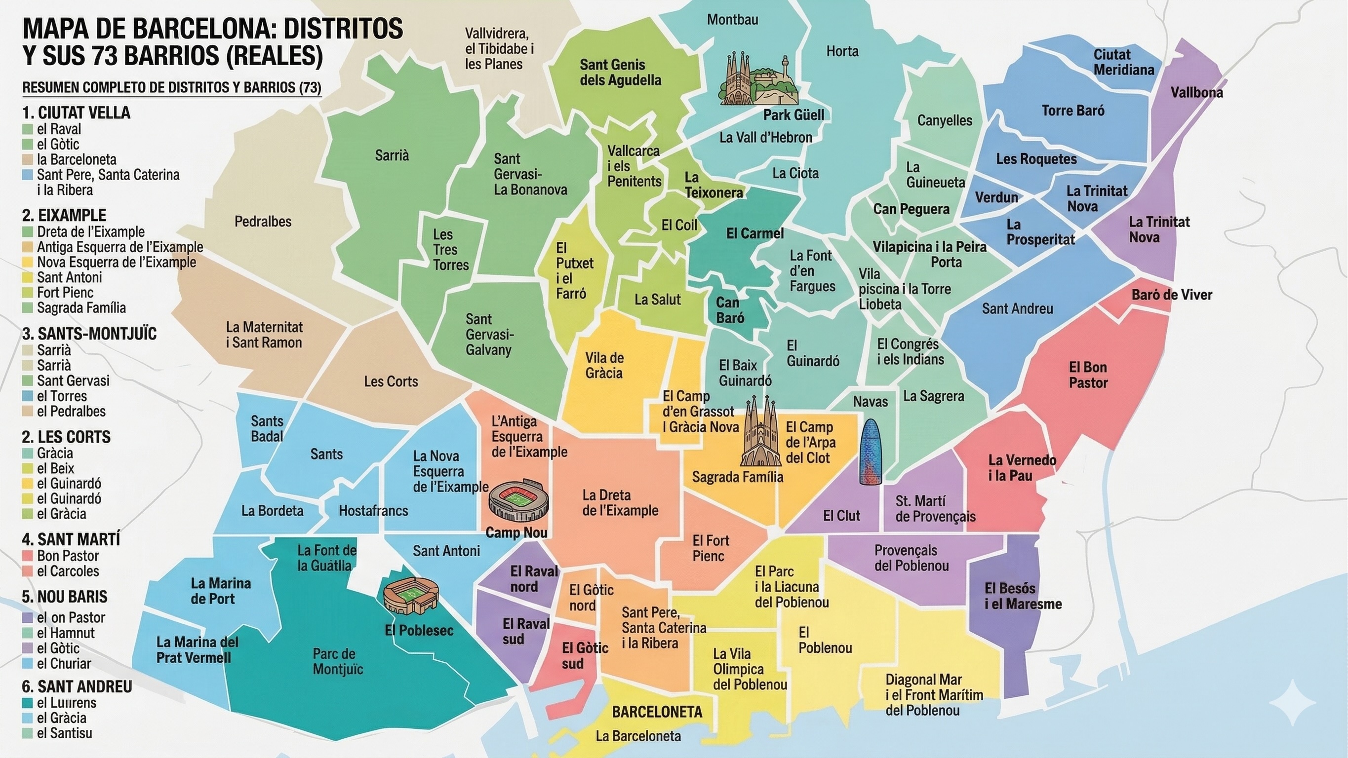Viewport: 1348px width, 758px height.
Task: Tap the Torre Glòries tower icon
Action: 871,452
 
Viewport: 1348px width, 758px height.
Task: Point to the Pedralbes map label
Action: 263,221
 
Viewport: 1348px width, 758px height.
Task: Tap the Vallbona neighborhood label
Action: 1196,93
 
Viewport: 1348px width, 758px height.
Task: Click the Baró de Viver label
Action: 1171,295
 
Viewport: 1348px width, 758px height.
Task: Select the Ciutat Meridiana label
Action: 1123,62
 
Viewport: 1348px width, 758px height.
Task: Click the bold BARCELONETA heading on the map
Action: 657,712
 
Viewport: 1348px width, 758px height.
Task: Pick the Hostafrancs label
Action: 373,510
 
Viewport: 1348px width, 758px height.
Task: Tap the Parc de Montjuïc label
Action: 338,661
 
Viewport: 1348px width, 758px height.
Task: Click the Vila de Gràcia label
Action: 604,365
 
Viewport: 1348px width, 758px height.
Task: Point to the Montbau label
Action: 732,20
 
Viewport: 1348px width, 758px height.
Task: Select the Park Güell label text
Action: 793,114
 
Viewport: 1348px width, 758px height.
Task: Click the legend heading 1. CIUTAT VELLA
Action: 77,113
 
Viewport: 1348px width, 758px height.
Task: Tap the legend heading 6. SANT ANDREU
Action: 77,686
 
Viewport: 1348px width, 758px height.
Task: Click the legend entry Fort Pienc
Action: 65,293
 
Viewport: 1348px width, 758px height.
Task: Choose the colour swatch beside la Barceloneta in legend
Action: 28,159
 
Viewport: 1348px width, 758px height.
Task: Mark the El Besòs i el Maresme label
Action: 1023,596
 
